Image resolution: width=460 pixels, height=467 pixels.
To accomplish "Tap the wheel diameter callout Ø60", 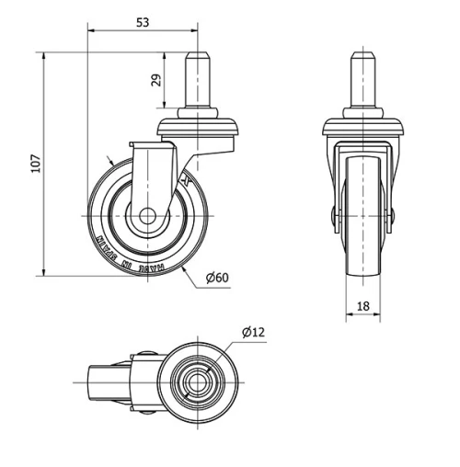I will tap(217, 278).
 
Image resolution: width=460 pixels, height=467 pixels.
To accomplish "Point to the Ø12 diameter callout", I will tap(253, 332).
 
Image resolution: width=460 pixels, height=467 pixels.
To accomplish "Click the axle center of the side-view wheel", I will tap(147, 219).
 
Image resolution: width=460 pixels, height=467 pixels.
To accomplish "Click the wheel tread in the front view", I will tap(364, 248).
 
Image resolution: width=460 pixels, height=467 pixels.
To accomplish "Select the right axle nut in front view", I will tap(393, 215).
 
